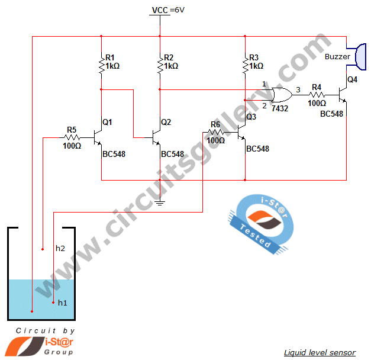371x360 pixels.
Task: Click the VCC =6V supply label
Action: coord(168,10)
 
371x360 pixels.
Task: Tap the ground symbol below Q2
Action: coord(160,202)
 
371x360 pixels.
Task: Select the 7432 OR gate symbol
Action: coord(282,95)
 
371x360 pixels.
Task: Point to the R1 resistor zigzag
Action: coord(102,65)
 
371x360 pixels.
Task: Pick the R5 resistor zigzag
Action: coord(72,137)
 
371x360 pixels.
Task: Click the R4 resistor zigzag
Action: coord(317,95)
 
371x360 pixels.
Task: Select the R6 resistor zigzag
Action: coord(215,132)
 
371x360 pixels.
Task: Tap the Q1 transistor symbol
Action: coord(98,137)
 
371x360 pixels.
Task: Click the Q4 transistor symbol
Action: coord(343,95)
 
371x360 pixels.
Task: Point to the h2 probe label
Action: coord(60,248)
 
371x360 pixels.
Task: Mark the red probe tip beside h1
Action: coord(53,303)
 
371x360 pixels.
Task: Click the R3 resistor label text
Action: coord(254,57)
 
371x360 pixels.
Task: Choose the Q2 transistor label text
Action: coord(166,122)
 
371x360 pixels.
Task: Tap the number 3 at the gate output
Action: coord(298,90)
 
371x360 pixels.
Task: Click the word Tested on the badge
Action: coord(255,236)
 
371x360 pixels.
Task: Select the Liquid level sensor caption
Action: coord(320,352)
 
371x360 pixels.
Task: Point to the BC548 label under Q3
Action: coord(257,149)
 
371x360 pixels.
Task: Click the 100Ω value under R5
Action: coord(72,146)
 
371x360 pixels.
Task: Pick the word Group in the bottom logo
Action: coord(59,352)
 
